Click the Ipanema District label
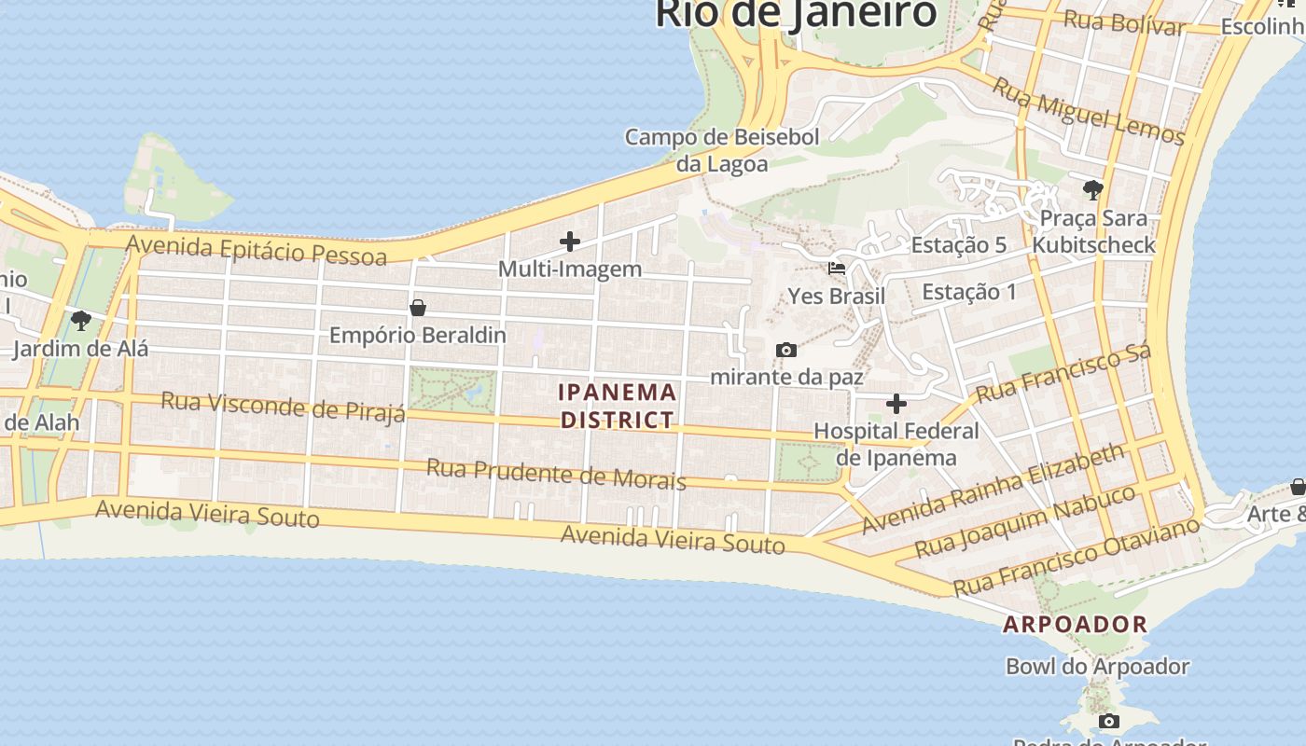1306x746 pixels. pyautogui.click(x=618, y=406)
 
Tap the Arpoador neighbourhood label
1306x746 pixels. pyautogui.click(x=1075, y=625)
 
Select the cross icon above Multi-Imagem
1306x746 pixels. pyautogui.click(x=570, y=242)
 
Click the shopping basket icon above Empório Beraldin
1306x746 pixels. pyautogui.click(x=418, y=308)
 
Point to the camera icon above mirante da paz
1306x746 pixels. pyautogui.click(x=786, y=351)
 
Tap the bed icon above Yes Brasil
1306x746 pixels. pyautogui.click(x=837, y=269)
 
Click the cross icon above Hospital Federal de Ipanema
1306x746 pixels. pyautogui.click(x=896, y=404)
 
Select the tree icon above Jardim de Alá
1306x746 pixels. pyautogui.click(x=81, y=321)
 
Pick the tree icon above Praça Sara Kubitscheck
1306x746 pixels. pyautogui.click(x=1092, y=190)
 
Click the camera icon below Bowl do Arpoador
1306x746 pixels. pyautogui.click(x=1109, y=721)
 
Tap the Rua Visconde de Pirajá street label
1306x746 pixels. pyautogui.click(x=284, y=407)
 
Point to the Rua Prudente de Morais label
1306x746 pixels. pyautogui.click(x=556, y=474)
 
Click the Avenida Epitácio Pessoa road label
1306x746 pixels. pyautogui.click(x=257, y=250)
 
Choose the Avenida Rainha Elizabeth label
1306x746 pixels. pyautogui.click(x=993, y=489)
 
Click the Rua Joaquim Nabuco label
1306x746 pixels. pyautogui.click(x=1025, y=520)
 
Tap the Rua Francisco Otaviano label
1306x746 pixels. pyautogui.click(x=1076, y=557)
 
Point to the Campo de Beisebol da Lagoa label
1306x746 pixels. pyautogui.click(x=722, y=150)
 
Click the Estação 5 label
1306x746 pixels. pyautogui.click(x=959, y=245)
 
